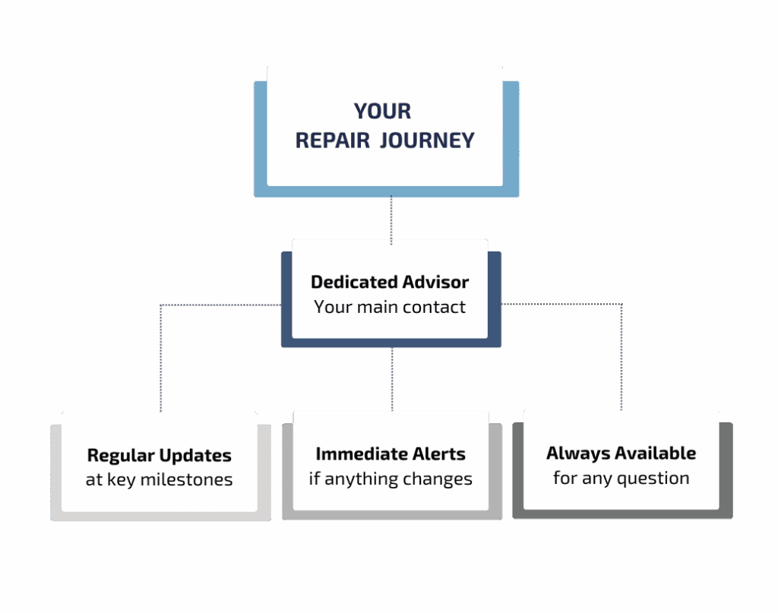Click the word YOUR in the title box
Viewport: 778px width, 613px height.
pos(382,111)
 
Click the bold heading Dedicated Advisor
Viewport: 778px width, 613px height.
pos(390,282)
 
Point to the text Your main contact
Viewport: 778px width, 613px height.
pos(390,307)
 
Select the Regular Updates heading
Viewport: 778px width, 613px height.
pos(159,456)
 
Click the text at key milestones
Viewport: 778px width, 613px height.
pos(159,480)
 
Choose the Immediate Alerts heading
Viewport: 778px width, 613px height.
pos(391,454)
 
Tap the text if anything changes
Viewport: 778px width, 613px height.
pos(391,479)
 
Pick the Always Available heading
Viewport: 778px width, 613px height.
pos(621,453)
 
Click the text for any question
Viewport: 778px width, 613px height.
pos(621,478)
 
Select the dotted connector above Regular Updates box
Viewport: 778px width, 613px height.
pos(161,357)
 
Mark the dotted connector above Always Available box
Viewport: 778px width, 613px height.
pos(621,357)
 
